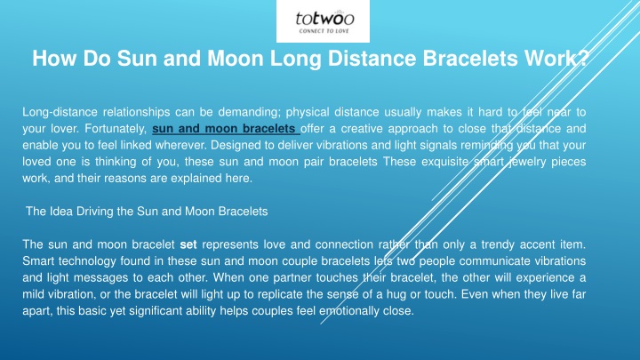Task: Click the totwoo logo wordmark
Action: coord(324,19)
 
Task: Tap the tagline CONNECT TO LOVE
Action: coord(324,30)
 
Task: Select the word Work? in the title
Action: coord(556,58)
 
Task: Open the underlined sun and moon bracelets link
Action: coord(226,129)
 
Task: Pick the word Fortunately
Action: coord(116,129)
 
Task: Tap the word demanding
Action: coord(250,112)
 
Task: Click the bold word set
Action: coord(188,245)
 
